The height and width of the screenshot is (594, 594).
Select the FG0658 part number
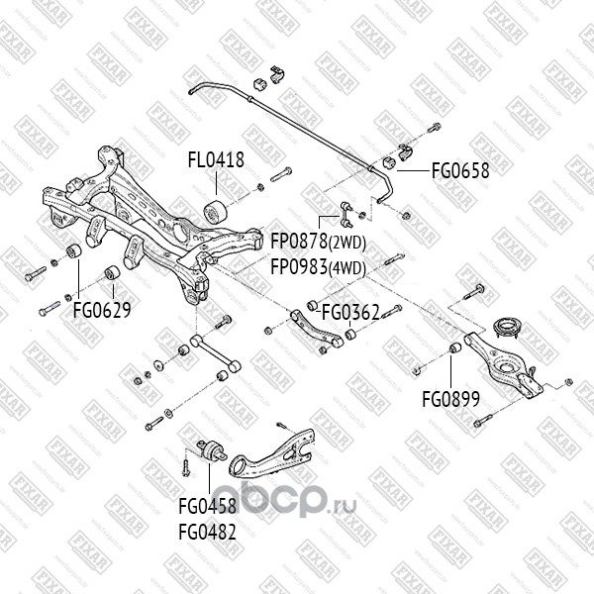[x=459, y=170]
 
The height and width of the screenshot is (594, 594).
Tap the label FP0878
[x=299, y=241]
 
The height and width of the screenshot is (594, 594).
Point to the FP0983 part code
[x=299, y=267]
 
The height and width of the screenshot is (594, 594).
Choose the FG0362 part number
[x=350, y=313]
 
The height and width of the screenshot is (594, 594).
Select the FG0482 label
[x=207, y=531]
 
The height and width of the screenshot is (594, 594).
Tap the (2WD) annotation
[x=347, y=242]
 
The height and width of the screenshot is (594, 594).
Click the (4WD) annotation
[x=347, y=268]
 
